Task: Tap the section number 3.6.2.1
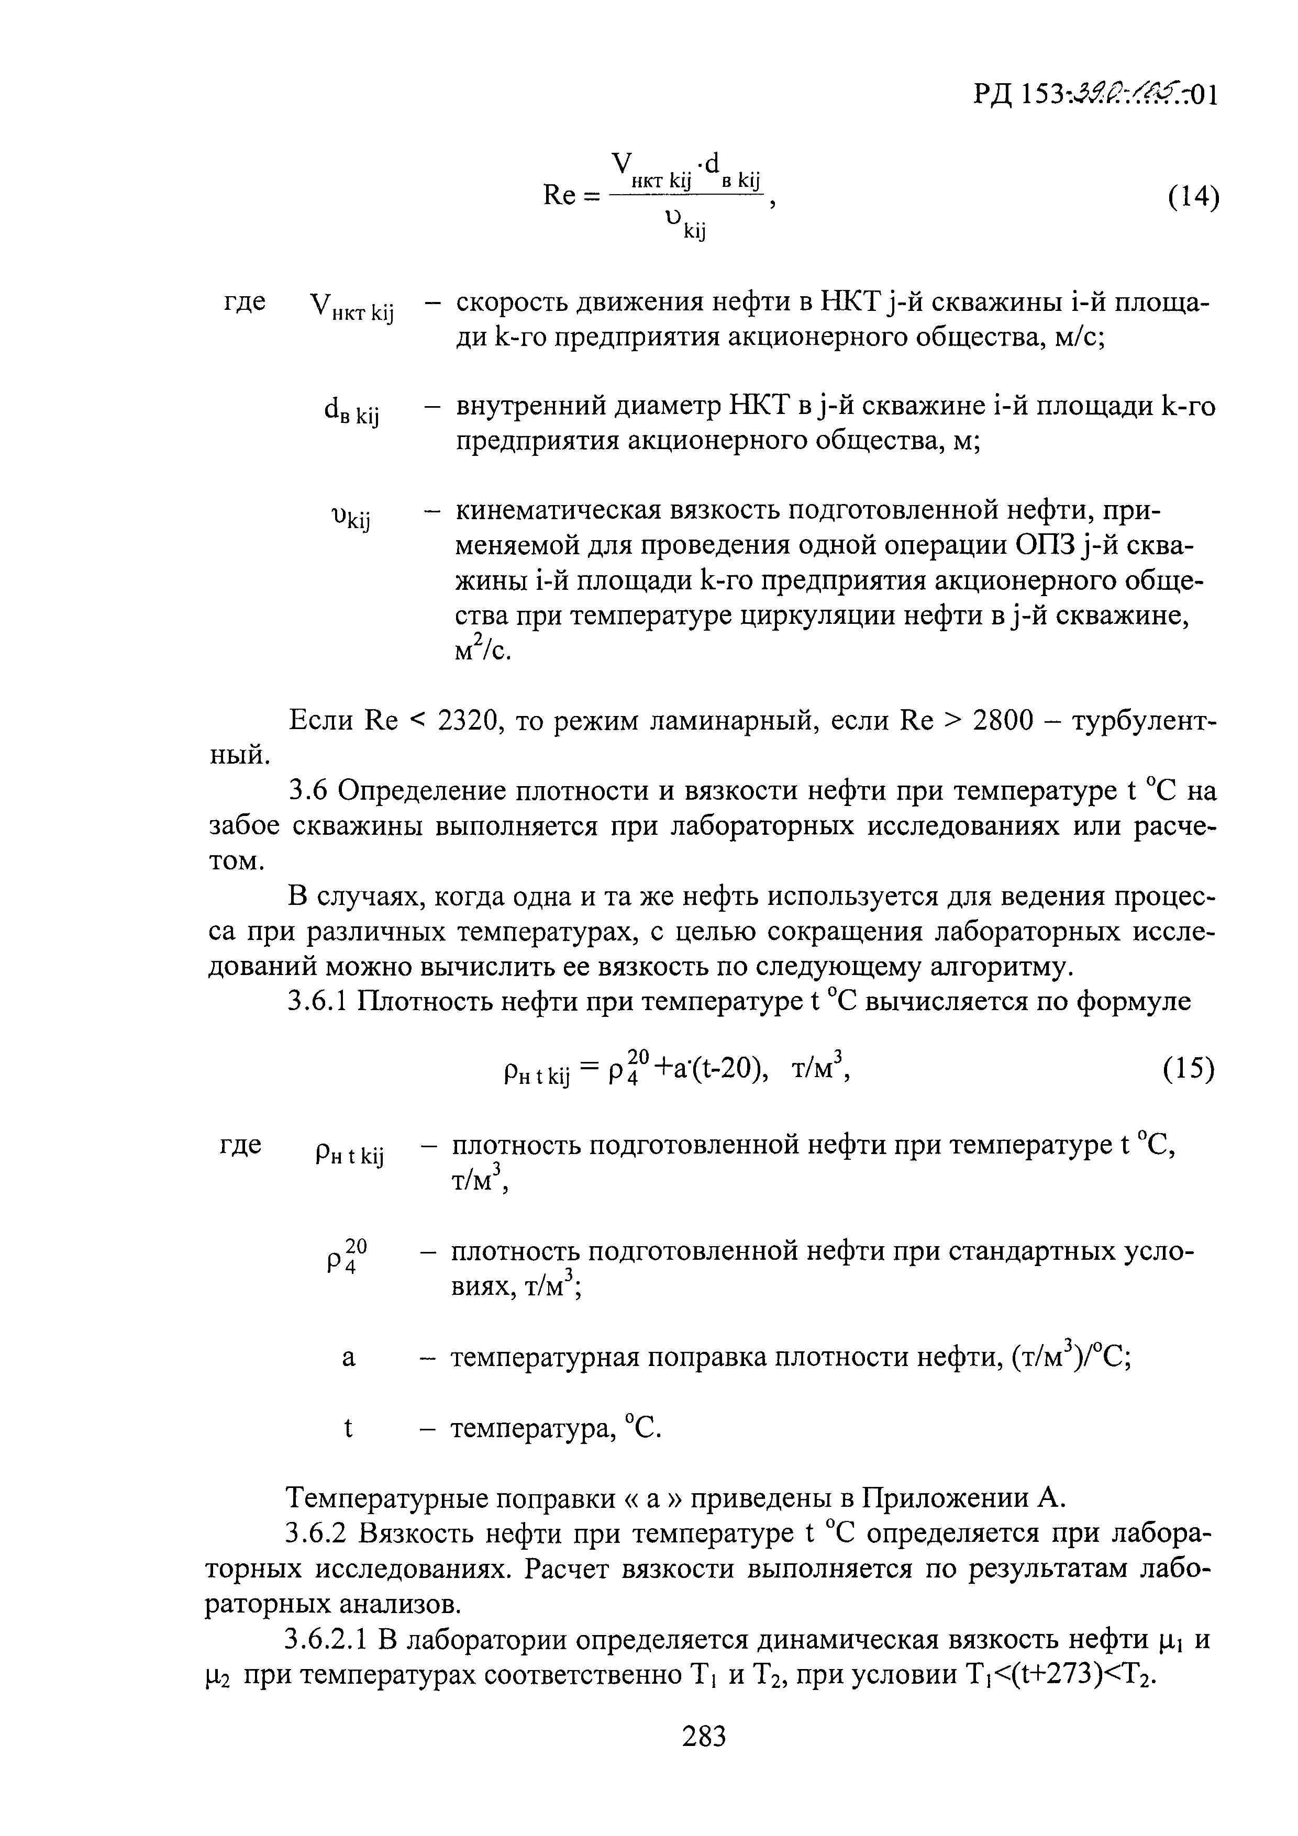327,1641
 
